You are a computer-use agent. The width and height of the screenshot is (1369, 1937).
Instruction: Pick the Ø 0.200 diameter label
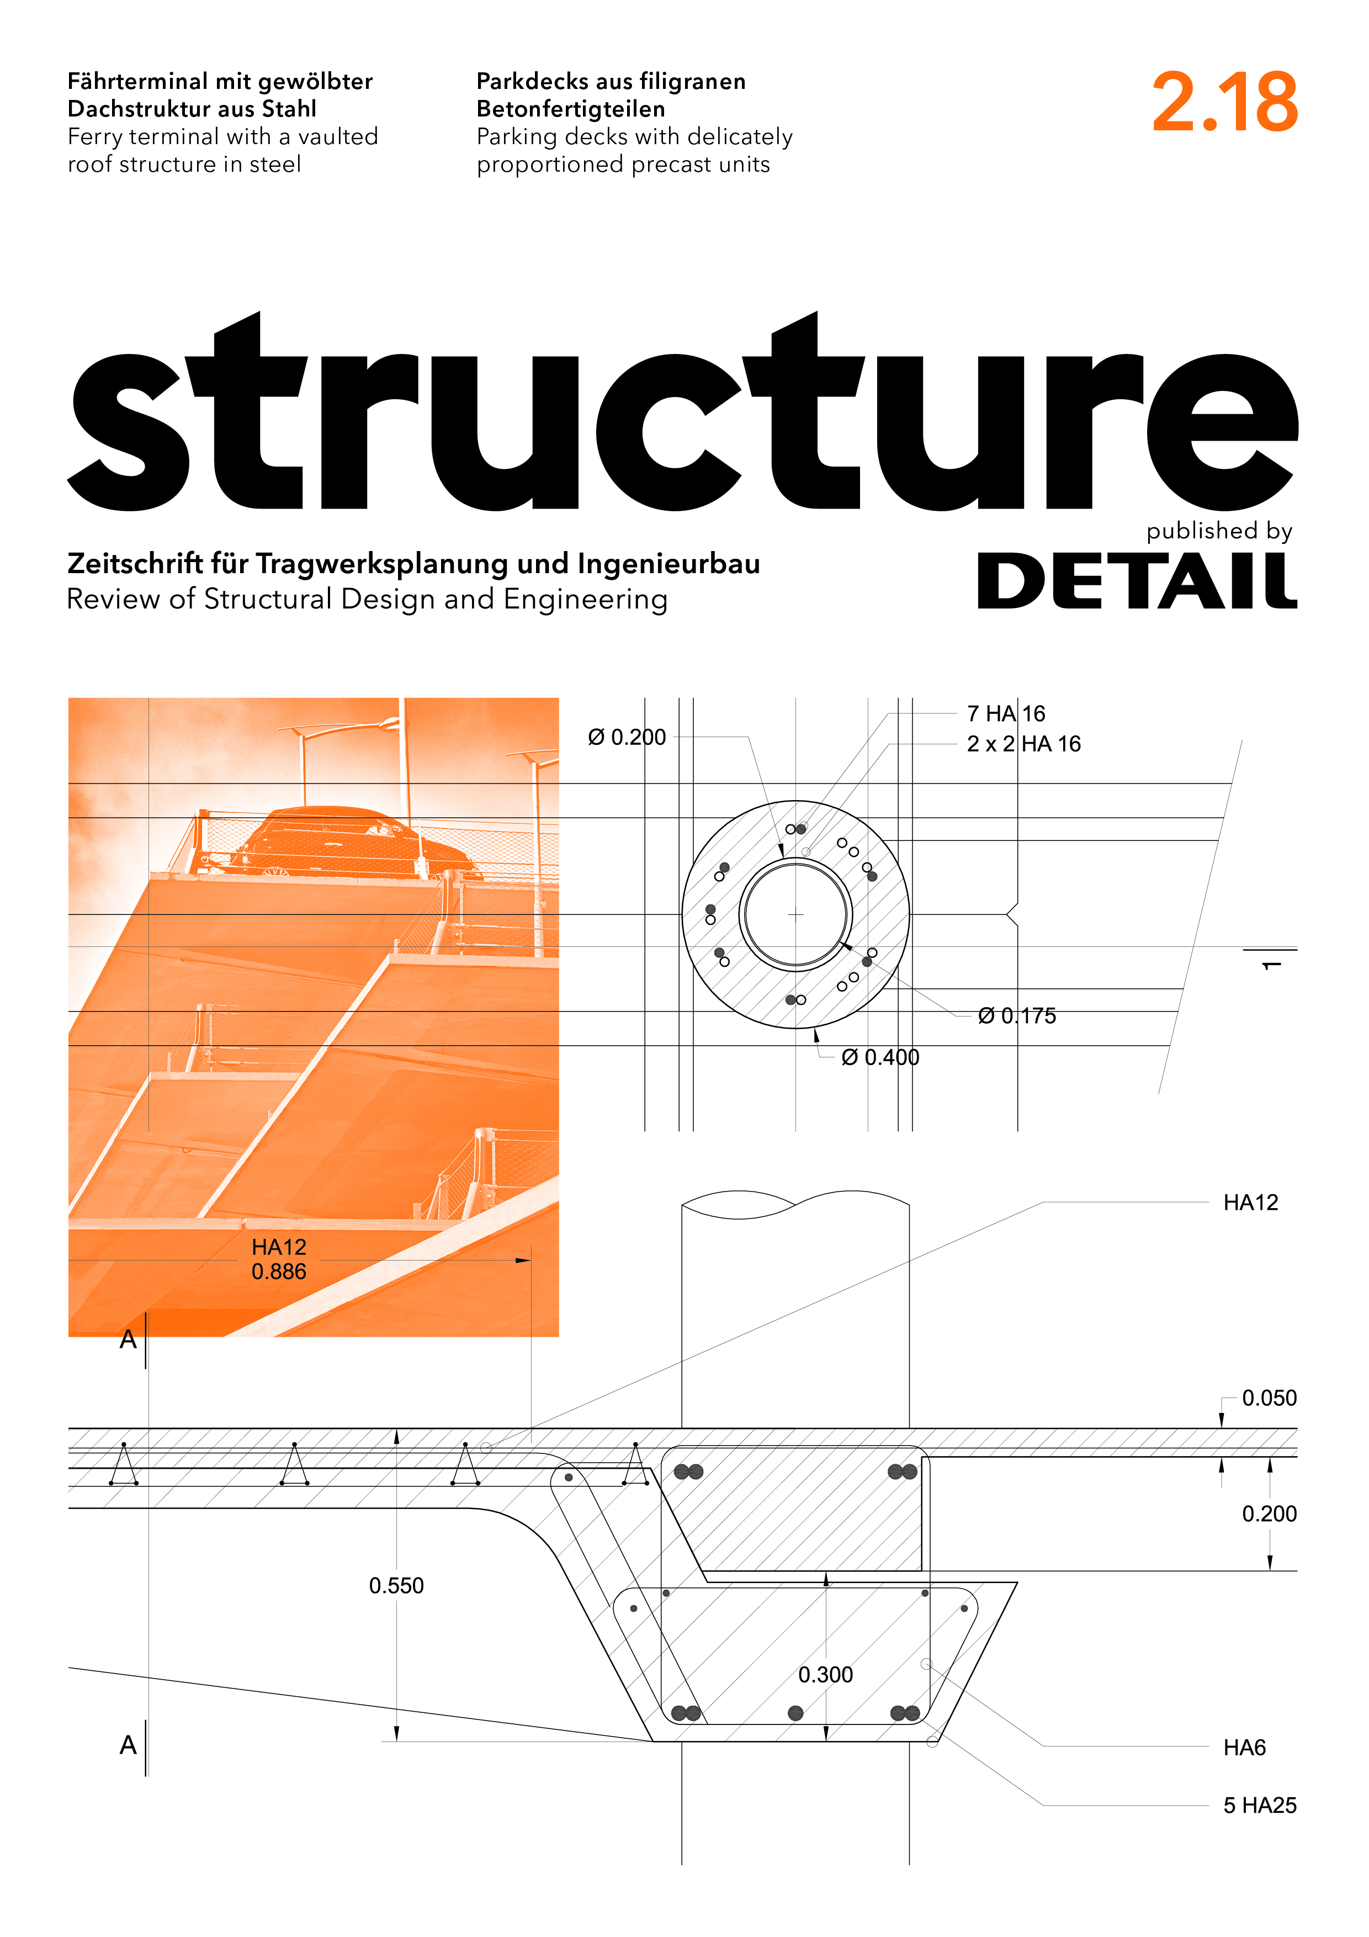[x=627, y=737]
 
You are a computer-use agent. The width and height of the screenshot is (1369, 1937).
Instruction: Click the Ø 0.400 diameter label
[x=880, y=1057]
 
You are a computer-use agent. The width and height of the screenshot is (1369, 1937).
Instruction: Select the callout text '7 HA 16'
[x=1006, y=714]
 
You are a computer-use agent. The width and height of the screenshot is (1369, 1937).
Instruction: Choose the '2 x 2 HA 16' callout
[x=1024, y=744]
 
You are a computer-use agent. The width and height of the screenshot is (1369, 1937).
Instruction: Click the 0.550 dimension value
[x=396, y=1586]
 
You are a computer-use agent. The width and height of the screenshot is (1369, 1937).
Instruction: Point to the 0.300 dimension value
[x=826, y=1675]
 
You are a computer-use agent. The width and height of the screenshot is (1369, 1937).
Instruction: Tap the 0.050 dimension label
[x=1270, y=1398]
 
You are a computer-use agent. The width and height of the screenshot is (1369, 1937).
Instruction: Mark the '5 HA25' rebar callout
[x=1260, y=1806]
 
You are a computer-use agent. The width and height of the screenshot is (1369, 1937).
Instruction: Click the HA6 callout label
[x=1245, y=1747]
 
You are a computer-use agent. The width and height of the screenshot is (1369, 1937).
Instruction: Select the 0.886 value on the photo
[x=279, y=1272]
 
